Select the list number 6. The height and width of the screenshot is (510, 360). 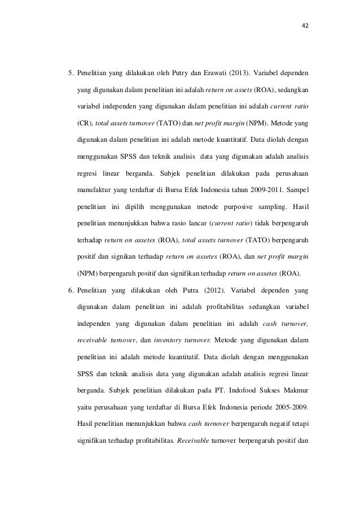pos(71,291)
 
